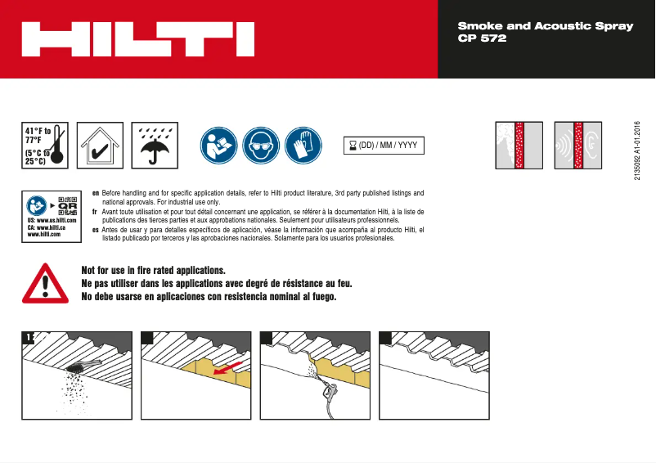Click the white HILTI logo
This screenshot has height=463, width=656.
pyautogui.click(x=137, y=38)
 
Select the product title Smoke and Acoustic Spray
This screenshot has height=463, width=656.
pyautogui.click(x=545, y=26)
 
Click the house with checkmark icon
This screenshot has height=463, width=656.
pyautogui.click(x=99, y=146)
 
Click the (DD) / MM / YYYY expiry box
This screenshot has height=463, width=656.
pyautogui.click(x=384, y=146)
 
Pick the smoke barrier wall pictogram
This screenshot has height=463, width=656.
pyautogui.click(x=519, y=146)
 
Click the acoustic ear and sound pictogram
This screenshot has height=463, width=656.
pyautogui.click(x=578, y=146)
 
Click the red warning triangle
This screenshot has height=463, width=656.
pyautogui.click(x=46, y=283)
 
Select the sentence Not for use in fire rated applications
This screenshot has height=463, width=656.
pyautogui.click(x=154, y=270)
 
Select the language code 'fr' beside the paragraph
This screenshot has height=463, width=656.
pyautogui.click(x=95, y=211)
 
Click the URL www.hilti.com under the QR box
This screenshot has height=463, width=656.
pyautogui.click(x=44, y=235)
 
